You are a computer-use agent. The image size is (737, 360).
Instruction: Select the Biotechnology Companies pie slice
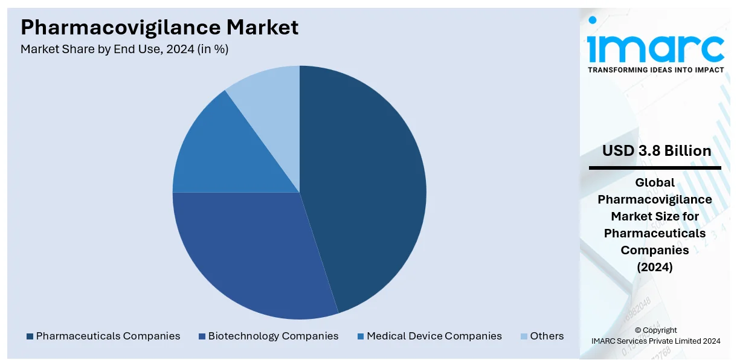tap(248, 254)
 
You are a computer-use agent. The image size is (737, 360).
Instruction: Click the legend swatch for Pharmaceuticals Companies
tap(30, 336)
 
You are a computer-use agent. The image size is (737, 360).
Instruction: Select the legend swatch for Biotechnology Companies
tap(202, 336)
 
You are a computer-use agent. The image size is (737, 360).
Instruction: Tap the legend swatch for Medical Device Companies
tap(361, 336)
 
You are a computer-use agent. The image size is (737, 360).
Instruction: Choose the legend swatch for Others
tap(524, 336)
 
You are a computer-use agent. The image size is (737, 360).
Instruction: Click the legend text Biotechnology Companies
tap(273, 336)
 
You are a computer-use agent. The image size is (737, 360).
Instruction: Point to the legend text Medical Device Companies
tap(434, 336)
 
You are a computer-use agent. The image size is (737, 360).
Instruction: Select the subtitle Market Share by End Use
tap(97, 50)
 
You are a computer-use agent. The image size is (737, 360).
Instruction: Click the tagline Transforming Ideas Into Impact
tap(655, 70)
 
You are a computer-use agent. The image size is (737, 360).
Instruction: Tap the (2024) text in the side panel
tap(655, 267)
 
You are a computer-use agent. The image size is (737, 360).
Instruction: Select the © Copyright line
tap(655, 330)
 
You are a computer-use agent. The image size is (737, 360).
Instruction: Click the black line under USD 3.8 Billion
tap(655, 168)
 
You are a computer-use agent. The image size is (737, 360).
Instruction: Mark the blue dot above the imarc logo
tap(593, 20)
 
